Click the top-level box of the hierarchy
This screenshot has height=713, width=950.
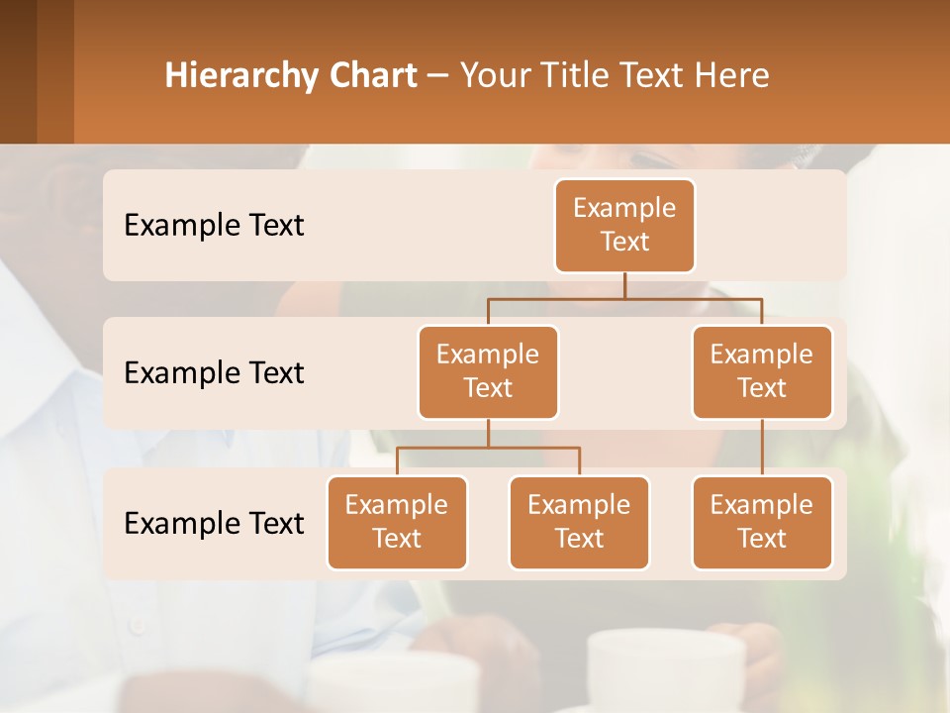pos(624,225)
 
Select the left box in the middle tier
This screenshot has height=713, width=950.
pos(488,371)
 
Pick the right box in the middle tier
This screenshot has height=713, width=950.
pos(762,371)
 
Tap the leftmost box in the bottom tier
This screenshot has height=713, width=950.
pos(397,522)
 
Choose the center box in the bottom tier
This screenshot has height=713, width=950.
pos(579,522)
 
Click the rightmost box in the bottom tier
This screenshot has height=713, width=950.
pos(762,522)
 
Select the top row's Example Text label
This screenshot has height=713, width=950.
pos(214,225)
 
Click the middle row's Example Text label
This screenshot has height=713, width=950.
pos(214,372)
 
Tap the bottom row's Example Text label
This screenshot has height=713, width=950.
pos(214,523)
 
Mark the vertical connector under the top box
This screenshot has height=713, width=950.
pos(624,285)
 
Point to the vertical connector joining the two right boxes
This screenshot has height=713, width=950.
pos(762,448)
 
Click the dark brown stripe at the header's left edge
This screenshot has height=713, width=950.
pos(18,71)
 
